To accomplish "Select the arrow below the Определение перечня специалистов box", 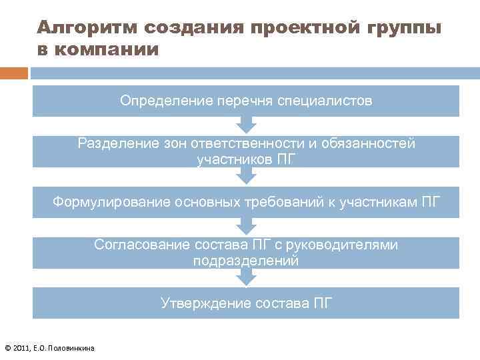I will tap(247, 125).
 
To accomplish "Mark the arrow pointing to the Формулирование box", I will tap(247, 176).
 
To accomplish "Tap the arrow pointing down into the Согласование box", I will tap(247, 227).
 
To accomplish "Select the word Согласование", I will tap(142, 245).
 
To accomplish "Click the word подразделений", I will tap(246, 261).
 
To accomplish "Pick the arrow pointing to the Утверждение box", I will tap(247, 279).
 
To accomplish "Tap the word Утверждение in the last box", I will tap(201, 303).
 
